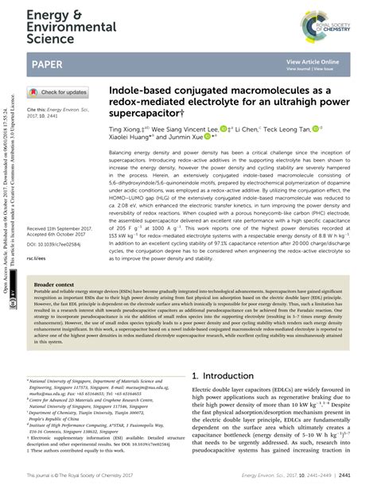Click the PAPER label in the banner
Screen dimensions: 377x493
click(x=51, y=64)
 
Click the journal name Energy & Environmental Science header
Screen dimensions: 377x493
click(x=48, y=23)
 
